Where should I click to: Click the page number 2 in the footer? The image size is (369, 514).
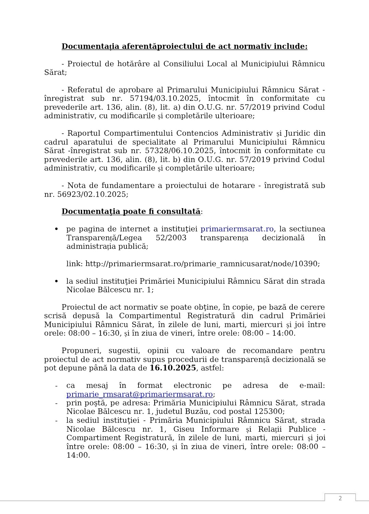pos(340,498)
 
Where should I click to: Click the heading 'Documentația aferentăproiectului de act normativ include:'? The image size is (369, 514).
pos(184,46)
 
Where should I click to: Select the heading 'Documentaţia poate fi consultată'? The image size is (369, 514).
pos(131,211)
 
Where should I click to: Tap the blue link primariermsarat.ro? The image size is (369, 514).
pos(237,229)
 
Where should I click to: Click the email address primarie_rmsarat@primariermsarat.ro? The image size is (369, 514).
pos(140,394)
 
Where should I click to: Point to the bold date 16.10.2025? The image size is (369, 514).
pos(173,368)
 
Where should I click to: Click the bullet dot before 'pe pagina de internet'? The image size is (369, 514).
pos(56,229)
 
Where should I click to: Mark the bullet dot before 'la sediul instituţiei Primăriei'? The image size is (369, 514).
pos(56,281)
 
